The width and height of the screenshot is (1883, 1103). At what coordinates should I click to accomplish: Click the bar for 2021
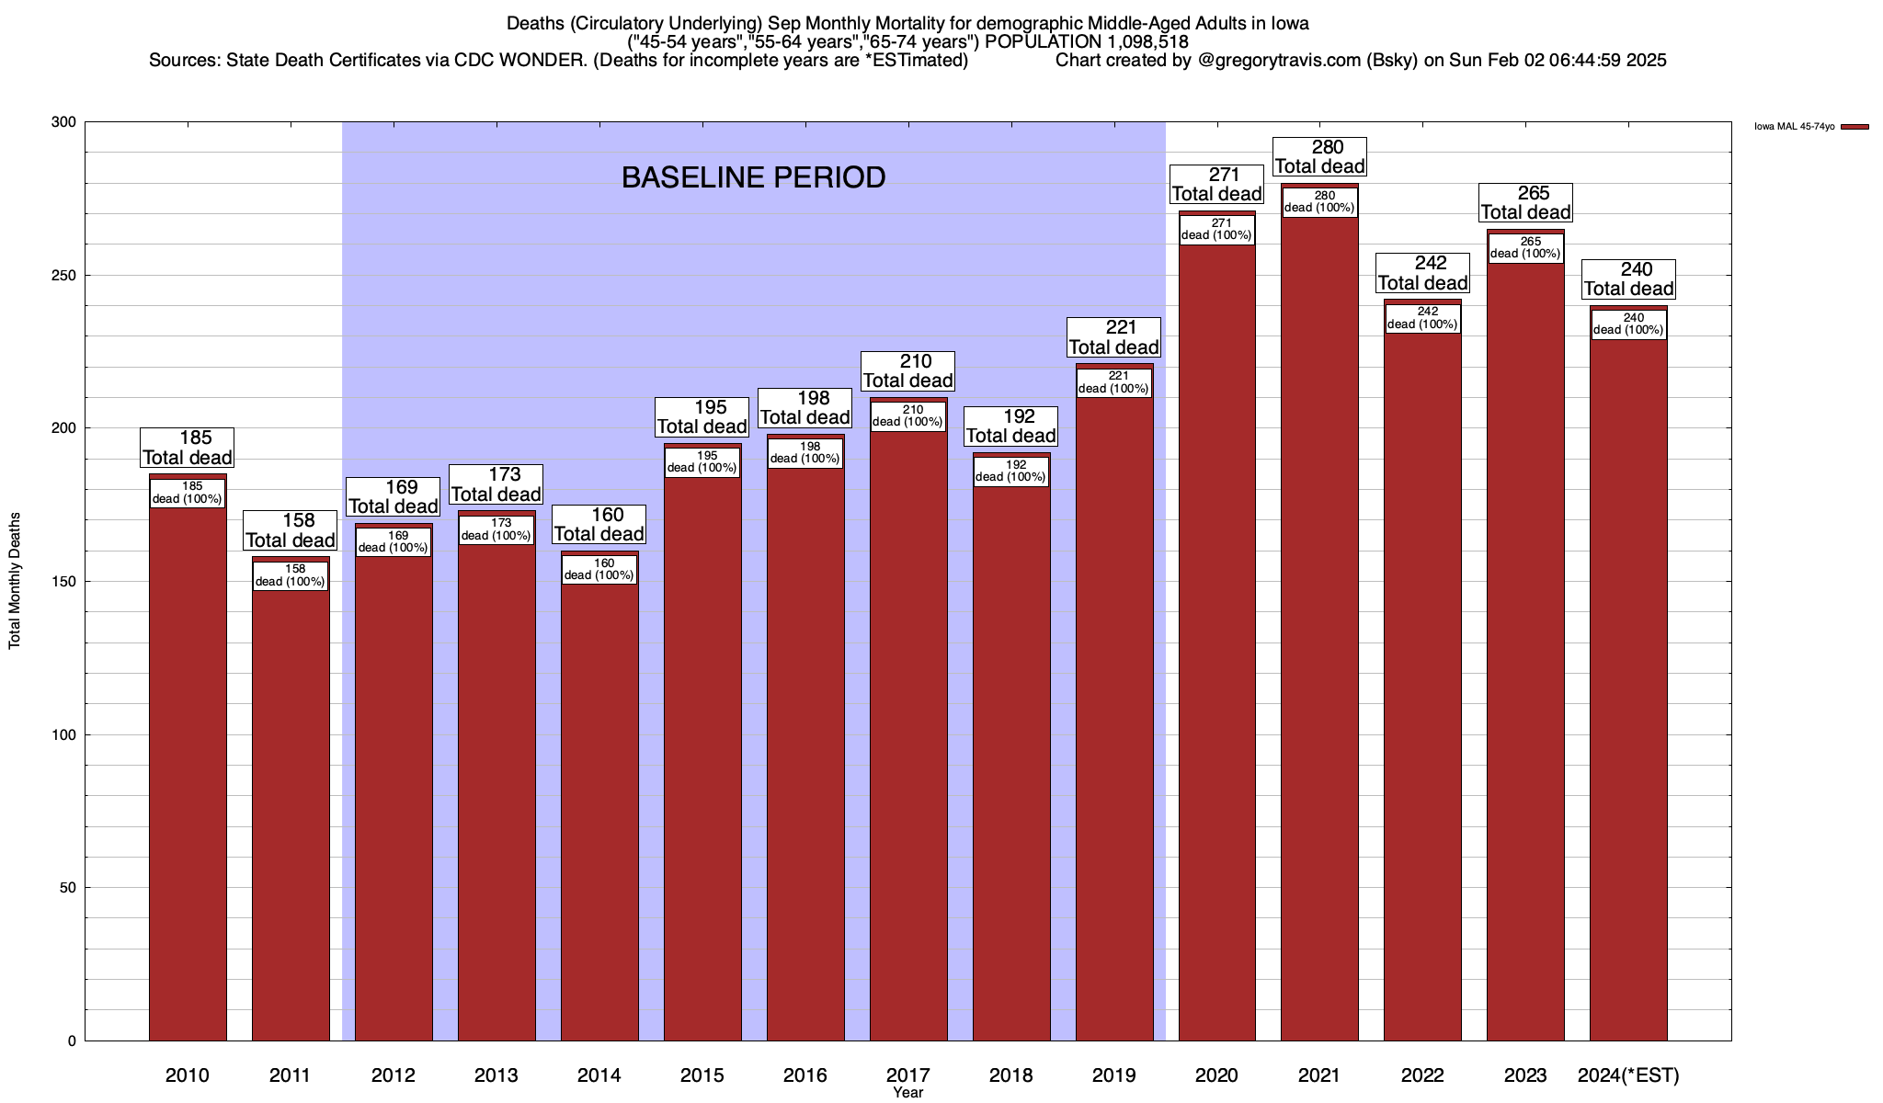[x=1319, y=643]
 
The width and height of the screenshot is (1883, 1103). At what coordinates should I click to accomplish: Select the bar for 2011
[x=291, y=809]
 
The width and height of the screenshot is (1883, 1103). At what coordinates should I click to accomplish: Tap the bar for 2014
[x=599, y=809]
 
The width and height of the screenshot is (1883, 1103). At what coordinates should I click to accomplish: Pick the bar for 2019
[x=1114, y=717]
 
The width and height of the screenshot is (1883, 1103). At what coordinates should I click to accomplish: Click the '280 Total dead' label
[x=1319, y=156]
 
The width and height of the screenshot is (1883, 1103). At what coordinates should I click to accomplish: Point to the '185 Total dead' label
[x=188, y=448]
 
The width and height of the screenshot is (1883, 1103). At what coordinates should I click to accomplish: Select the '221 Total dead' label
[x=1114, y=337]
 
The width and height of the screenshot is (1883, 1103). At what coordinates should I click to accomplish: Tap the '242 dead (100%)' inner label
[x=1422, y=318]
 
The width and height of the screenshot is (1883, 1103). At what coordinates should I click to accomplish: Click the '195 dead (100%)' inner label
[x=702, y=461]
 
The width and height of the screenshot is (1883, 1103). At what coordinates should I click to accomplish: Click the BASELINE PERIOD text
[x=753, y=177]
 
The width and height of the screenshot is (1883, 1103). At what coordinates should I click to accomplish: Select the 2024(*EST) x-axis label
[x=1628, y=1075]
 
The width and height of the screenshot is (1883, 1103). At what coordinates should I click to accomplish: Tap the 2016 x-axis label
[x=805, y=1075]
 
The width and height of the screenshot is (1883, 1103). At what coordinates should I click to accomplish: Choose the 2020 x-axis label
[x=1216, y=1075]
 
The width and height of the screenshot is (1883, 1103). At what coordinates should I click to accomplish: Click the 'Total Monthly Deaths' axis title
[x=15, y=581]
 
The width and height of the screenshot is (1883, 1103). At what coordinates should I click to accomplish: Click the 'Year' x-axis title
[x=907, y=1093]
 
